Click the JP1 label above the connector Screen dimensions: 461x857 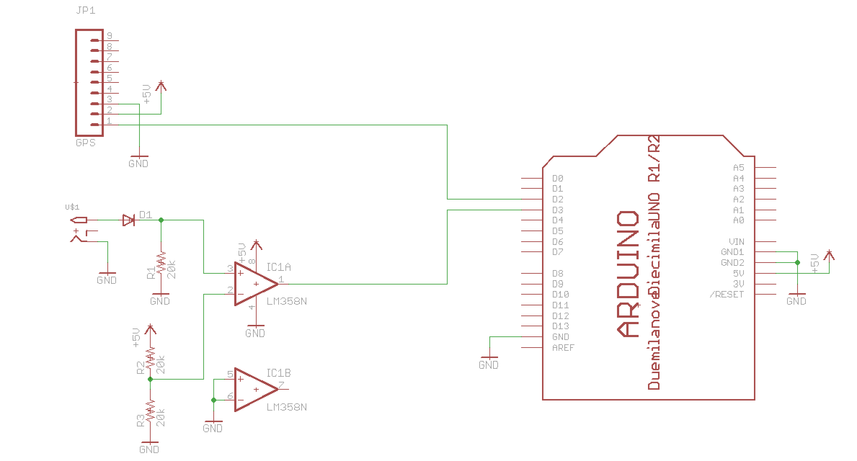pos(86,10)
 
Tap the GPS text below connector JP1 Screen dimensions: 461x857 pos(85,143)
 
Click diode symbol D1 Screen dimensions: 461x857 pos(128,220)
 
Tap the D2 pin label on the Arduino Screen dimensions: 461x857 pos(558,199)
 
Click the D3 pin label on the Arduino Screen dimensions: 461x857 pos(558,210)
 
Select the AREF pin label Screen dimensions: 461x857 pos(563,348)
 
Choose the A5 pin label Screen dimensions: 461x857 pos(738,167)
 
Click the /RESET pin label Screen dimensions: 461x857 pos(727,295)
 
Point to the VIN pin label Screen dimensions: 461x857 pos(736,242)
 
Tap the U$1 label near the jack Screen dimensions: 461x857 pos(72,207)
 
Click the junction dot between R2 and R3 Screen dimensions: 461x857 pos(150,379)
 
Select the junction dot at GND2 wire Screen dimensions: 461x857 pos(798,263)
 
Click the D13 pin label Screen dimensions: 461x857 pos(560,326)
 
